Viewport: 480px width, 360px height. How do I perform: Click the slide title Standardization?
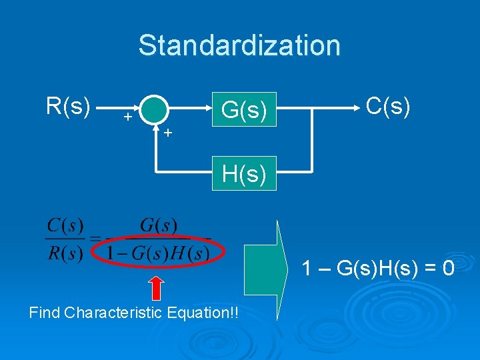coord(239,45)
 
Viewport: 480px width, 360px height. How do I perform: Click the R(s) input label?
coord(68,105)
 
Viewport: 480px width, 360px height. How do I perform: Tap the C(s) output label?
coord(388,105)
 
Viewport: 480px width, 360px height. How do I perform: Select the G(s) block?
coord(244,109)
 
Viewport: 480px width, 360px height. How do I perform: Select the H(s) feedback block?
coord(244,174)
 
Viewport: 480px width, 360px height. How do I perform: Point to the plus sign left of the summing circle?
coord(126,117)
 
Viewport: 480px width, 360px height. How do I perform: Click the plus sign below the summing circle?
coord(169,133)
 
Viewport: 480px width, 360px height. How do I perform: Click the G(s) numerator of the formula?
coord(159,225)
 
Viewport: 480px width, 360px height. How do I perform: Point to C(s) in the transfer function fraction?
coord(65,225)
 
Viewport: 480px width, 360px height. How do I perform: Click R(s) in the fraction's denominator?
coord(65,253)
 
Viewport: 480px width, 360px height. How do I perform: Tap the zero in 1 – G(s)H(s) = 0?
coord(448,269)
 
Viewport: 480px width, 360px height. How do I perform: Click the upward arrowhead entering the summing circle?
coord(155,125)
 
